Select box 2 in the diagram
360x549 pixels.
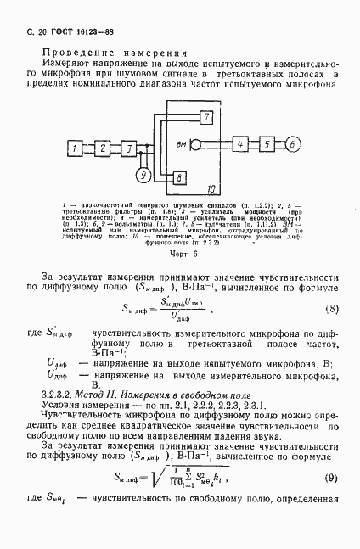pos(104,149)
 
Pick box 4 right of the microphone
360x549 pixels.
pos(243,144)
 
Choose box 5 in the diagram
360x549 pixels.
pos(267,144)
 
